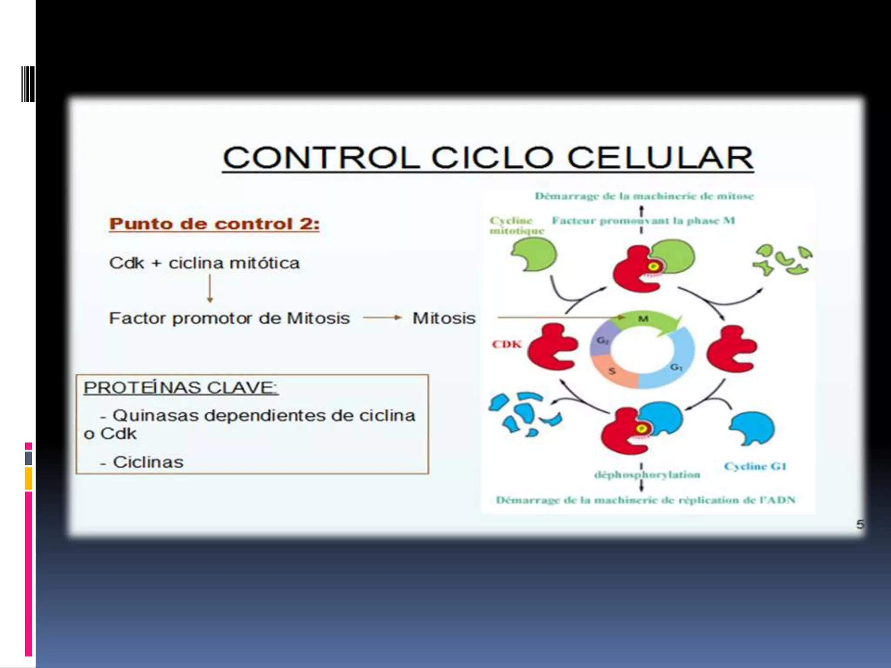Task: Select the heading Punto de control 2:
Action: (214, 224)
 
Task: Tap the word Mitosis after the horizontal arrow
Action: (444, 318)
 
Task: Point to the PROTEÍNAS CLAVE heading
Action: (181, 387)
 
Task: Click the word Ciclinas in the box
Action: (148, 462)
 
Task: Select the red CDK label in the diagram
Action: (506, 344)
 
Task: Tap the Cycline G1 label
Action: (755, 466)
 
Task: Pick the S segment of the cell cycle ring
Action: (613, 371)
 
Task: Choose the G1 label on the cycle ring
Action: (676, 367)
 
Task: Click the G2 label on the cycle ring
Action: (602, 340)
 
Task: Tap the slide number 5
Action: (860, 524)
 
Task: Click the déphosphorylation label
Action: (647, 474)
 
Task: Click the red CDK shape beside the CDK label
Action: (552, 347)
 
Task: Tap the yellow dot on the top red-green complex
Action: (653, 266)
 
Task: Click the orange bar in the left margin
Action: (28, 478)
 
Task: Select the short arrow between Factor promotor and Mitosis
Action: (382, 318)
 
